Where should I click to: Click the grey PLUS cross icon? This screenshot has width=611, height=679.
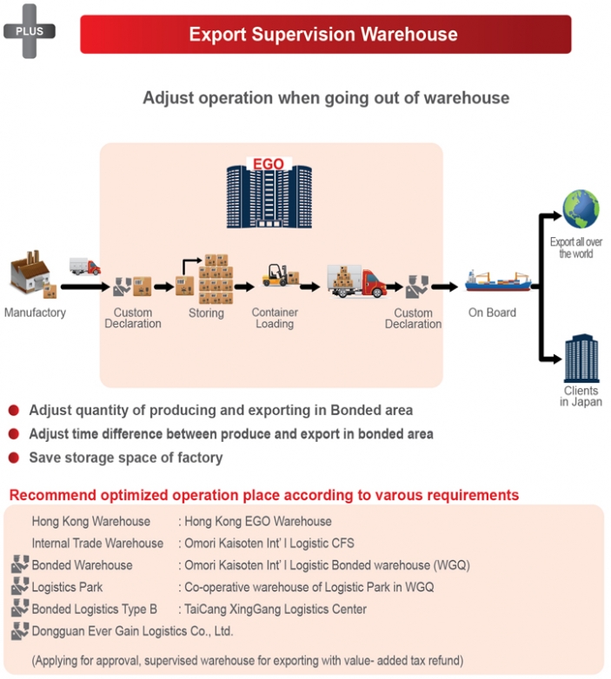point(30,31)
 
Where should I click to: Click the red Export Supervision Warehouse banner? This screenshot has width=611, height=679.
point(325,34)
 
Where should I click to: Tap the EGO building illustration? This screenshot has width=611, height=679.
point(269,193)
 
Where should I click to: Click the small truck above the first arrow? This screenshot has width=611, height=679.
point(85,266)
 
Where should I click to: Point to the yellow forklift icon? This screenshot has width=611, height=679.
point(281,275)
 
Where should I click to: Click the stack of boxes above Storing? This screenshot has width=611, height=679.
point(216,279)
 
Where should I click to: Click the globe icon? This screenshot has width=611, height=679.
point(581,208)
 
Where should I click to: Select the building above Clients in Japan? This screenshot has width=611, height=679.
point(581,358)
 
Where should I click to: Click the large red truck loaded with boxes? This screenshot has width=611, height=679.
point(356,280)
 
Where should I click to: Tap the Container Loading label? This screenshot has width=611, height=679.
point(275,319)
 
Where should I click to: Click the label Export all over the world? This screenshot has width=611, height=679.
point(576,247)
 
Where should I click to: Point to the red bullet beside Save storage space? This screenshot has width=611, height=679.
point(14,458)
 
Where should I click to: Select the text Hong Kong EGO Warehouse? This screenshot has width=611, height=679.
point(258,521)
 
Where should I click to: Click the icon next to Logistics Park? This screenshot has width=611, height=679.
point(19,587)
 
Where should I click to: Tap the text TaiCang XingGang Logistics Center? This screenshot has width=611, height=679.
point(276,610)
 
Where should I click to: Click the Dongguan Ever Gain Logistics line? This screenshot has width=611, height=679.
point(133,631)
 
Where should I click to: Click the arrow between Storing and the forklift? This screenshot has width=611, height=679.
point(244,287)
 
